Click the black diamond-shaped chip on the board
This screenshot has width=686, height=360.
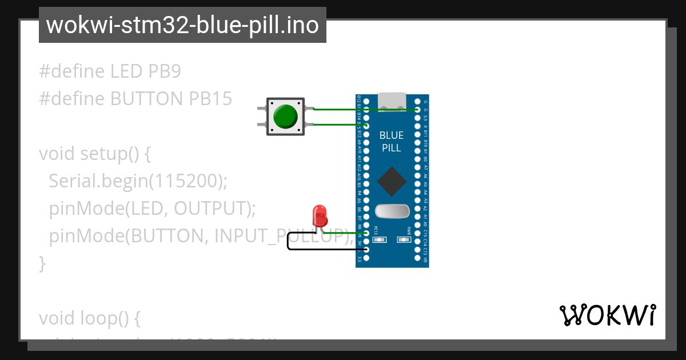[x=392, y=181]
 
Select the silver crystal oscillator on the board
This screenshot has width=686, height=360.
[x=392, y=211]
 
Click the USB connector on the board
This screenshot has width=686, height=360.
[x=392, y=102]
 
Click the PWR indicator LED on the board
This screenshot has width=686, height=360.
[x=405, y=240]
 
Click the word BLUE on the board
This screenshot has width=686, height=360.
[x=392, y=135]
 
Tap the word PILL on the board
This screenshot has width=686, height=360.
[x=392, y=148]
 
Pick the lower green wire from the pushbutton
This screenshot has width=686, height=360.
[x=337, y=125]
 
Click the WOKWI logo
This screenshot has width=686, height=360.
[x=607, y=315]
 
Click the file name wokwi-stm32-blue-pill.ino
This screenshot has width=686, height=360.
[x=182, y=26]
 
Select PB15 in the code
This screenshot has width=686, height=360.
[x=210, y=99]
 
